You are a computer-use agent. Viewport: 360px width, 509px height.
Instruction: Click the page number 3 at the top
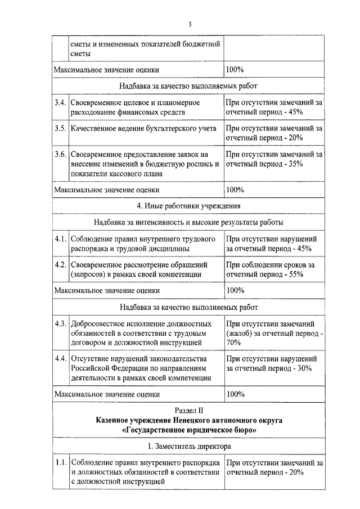[190, 24]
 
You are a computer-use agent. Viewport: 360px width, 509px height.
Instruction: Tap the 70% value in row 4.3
[233, 342]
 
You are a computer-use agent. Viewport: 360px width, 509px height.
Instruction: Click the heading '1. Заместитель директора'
[189, 446]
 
